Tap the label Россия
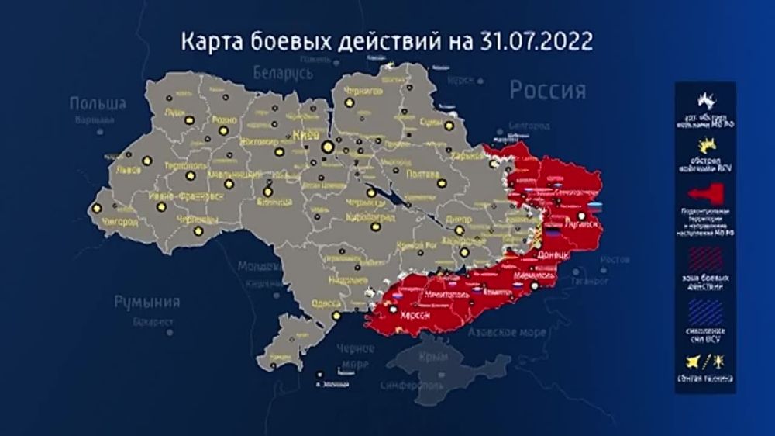(547, 92)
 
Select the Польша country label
(98, 103)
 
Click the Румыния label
(147, 302)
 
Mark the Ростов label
(615, 258)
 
